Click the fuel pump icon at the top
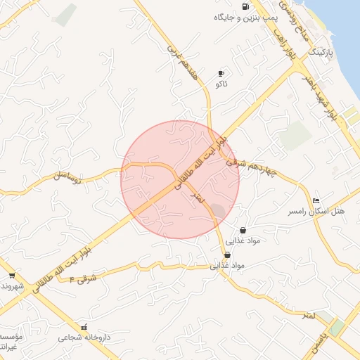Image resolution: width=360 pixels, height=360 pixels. [245, 6]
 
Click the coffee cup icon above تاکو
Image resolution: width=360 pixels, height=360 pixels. [221, 73]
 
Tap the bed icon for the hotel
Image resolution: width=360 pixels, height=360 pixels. [315, 201]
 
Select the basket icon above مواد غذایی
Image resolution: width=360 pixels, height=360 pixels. [243, 230]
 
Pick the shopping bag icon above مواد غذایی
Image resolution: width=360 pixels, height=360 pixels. [226, 255]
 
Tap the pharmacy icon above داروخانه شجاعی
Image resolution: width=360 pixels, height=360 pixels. [85, 327]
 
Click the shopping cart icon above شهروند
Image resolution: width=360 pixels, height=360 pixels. [12, 276]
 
